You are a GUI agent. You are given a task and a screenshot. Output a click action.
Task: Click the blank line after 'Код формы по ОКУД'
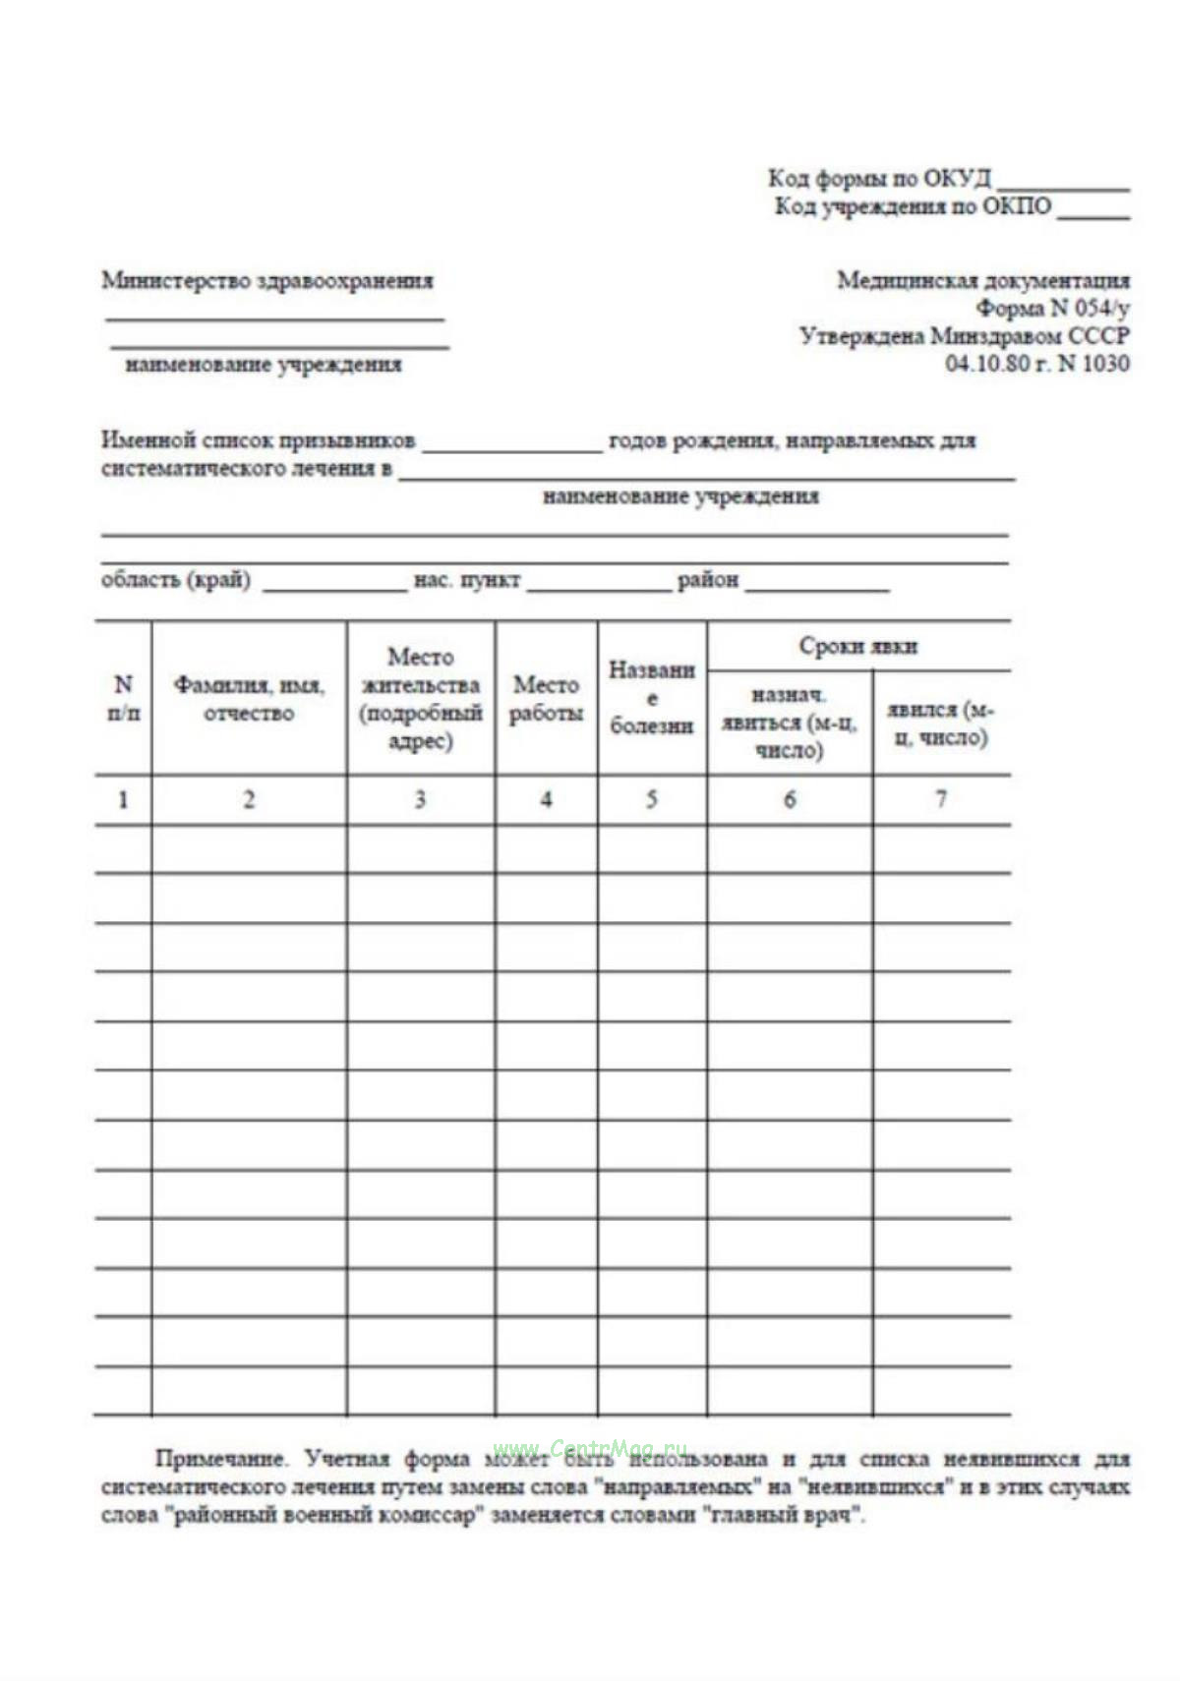click(x=1063, y=186)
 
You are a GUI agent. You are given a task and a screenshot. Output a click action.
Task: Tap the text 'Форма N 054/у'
click(x=1053, y=308)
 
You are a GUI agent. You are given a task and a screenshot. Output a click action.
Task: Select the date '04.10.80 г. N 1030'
click(x=1036, y=363)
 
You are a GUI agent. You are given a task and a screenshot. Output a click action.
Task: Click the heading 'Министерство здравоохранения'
click(x=267, y=280)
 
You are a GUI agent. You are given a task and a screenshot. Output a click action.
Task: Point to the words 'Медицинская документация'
click(x=982, y=280)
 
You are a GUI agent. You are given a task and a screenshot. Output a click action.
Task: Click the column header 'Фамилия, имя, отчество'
click(x=249, y=698)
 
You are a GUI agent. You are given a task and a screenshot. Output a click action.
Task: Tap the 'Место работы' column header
click(x=546, y=698)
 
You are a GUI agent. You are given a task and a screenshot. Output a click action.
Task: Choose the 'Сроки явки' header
click(x=857, y=646)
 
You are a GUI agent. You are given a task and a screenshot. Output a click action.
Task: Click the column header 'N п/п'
click(x=123, y=698)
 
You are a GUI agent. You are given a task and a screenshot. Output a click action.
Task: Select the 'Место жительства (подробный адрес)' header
click(x=420, y=698)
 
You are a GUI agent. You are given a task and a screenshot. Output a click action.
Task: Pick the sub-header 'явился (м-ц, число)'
click(x=940, y=723)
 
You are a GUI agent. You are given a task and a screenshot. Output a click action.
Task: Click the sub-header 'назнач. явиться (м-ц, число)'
click(x=789, y=723)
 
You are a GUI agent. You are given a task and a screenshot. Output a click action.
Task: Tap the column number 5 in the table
click(x=651, y=799)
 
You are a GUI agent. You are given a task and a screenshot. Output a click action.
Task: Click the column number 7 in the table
click(x=940, y=799)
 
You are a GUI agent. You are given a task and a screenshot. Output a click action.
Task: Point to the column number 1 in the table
click(x=123, y=799)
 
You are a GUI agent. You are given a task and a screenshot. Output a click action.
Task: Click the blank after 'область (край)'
click(x=334, y=588)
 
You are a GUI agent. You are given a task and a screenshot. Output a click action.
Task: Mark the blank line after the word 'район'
click(x=817, y=588)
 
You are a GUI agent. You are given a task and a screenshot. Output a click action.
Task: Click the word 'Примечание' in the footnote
click(x=220, y=1458)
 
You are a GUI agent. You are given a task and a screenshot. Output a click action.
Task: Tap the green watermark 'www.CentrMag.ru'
click(x=590, y=1448)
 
